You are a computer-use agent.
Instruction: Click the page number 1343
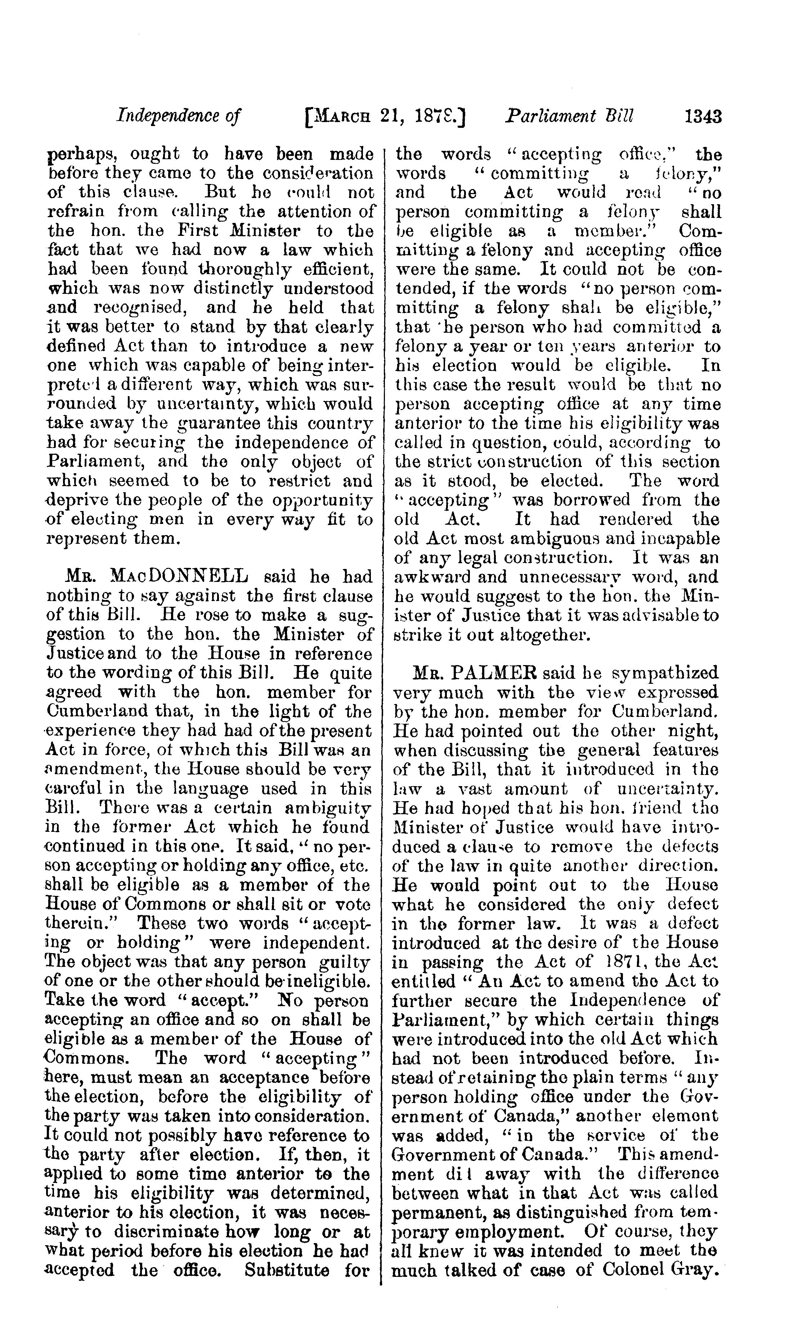(703, 117)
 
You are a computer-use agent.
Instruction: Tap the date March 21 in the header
(359, 117)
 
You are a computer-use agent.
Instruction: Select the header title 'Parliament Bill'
(569, 117)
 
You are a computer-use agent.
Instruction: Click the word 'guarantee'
(217, 423)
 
